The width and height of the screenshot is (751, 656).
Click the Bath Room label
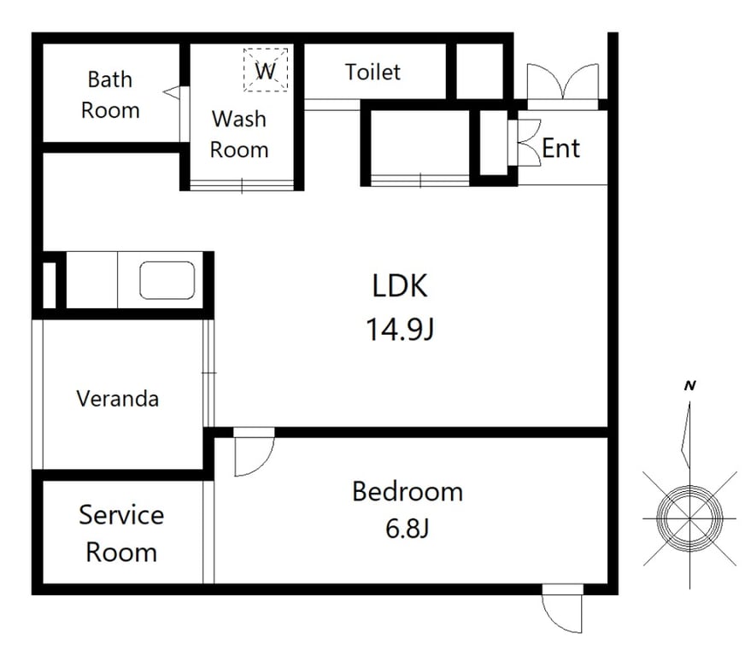pos(110,95)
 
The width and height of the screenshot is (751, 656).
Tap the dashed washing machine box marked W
pos(266,70)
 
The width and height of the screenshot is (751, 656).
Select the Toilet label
pos(373,73)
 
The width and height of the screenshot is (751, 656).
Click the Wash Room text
pos(239,134)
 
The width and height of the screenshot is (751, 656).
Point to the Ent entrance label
pos(560,148)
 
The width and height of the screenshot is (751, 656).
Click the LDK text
pos(400,286)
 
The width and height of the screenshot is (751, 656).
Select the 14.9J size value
pos(400,330)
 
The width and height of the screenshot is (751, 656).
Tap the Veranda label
pos(117,399)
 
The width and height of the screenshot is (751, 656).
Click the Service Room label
pos(121,533)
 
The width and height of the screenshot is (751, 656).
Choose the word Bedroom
pos(408,492)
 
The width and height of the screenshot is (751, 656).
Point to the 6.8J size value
pos(407,529)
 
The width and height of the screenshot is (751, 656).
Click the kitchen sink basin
pos(167,280)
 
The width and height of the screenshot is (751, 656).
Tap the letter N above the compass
pos(689,385)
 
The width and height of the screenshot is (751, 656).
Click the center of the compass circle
pos(689,518)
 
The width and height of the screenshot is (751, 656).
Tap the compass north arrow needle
pos(687,435)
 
